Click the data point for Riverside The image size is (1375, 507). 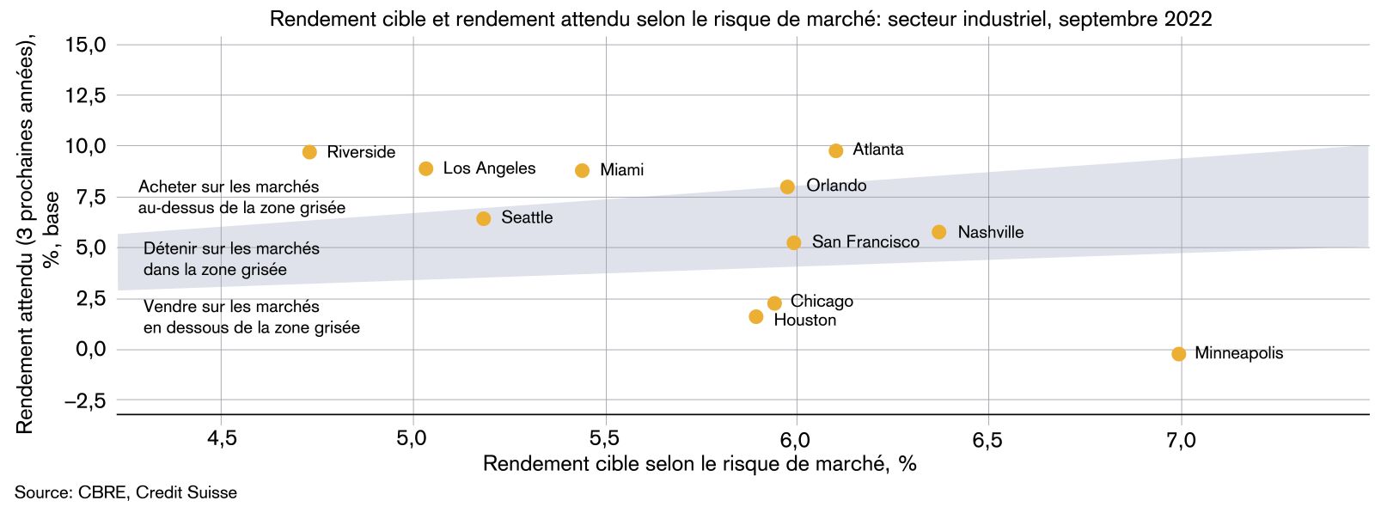[x=309, y=152]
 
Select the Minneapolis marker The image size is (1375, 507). [x=1178, y=354]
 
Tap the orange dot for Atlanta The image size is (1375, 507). [x=835, y=151]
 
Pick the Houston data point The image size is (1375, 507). [x=755, y=317]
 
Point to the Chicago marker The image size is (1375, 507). [x=774, y=303]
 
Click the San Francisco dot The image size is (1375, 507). [x=793, y=243]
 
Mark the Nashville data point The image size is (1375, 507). [x=938, y=232]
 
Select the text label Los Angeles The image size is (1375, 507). [x=489, y=168]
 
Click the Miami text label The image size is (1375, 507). [x=621, y=170]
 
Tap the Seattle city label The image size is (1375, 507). [x=527, y=218]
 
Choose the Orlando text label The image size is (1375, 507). [x=835, y=186]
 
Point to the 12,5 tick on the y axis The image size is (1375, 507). [x=86, y=95]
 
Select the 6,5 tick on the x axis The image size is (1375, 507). [x=987, y=440]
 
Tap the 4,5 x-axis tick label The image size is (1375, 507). [x=222, y=440]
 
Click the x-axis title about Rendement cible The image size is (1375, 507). [x=700, y=464]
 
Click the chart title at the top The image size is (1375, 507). [x=741, y=19]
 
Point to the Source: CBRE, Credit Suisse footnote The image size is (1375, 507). [x=125, y=493]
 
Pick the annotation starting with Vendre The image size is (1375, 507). [x=251, y=317]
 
